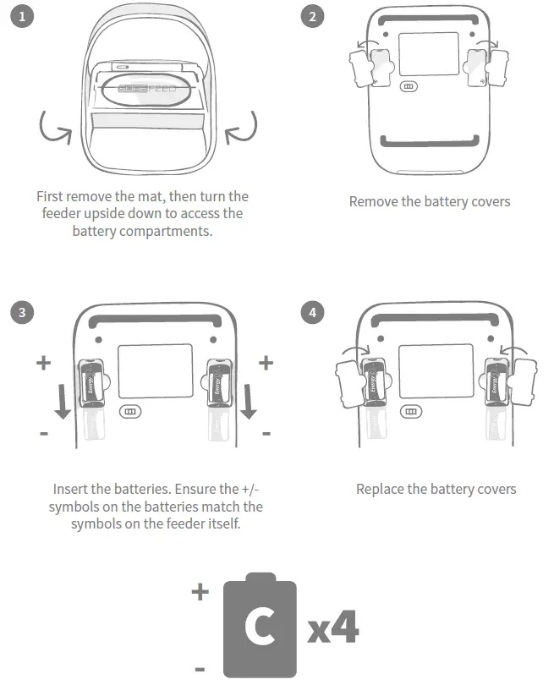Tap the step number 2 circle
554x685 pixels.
tap(313, 17)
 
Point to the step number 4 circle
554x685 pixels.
tap(313, 312)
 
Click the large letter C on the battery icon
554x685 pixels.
tap(258, 627)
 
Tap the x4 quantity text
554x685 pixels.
tap(333, 628)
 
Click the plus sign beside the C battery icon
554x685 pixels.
tap(200, 592)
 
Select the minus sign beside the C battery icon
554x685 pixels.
tap(200, 669)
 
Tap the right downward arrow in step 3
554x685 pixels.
tap(248, 398)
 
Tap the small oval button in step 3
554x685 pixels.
tap(130, 411)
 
